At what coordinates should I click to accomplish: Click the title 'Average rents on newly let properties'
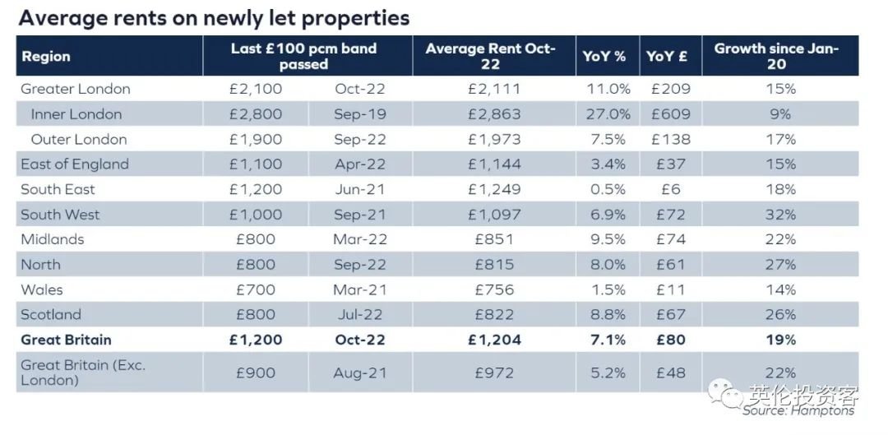pyautogui.click(x=213, y=17)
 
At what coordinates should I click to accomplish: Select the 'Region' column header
pyautogui.click(x=46, y=57)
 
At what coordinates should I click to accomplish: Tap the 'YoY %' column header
pyautogui.click(x=604, y=57)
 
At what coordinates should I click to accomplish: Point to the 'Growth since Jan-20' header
pyautogui.click(x=776, y=57)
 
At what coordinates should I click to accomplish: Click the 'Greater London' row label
pyautogui.click(x=76, y=89)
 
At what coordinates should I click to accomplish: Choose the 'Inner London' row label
pyautogui.click(x=76, y=114)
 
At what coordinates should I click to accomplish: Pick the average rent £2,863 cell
pyautogui.click(x=493, y=114)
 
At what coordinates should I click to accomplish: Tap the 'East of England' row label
pyautogui.click(x=75, y=164)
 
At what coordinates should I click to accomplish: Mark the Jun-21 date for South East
pyautogui.click(x=360, y=189)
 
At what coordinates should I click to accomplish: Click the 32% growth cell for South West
pyautogui.click(x=780, y=215)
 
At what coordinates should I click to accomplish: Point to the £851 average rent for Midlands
pyautogui.click(x=494, y=239)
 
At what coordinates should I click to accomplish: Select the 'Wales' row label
pyautogui.click(x=42, y=289)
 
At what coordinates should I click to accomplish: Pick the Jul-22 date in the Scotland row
pyautogui.click(x=360, y=314)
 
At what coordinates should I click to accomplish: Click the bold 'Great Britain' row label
pyautogui.click(x=66, y=340)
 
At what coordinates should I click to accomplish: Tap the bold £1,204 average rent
pyautogui.click(x=494, y=340)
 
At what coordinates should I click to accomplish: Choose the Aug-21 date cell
pyautogui.click(x=360, y=373)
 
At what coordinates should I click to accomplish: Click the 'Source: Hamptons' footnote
pyautogui.click(x=798, y=410)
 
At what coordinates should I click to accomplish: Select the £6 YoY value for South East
pyautogui.click(x=671, y=189)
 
